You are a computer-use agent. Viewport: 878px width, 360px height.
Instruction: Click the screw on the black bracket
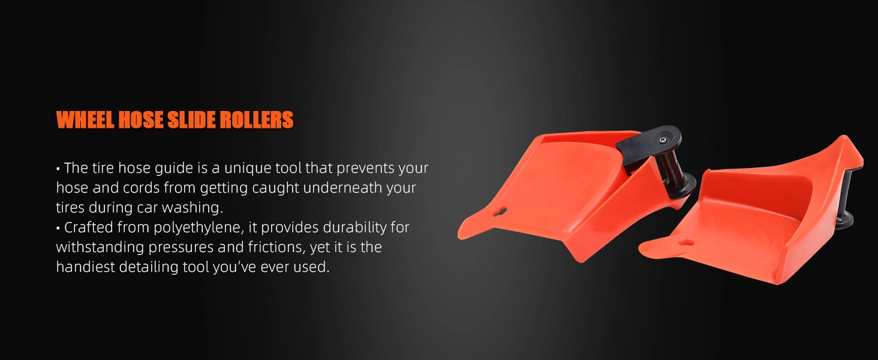(x=663, y=140)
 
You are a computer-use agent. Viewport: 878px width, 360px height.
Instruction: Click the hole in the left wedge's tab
(x=500, y=212)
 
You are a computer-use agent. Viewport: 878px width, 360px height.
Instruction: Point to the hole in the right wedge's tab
(x=686, y=243)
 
